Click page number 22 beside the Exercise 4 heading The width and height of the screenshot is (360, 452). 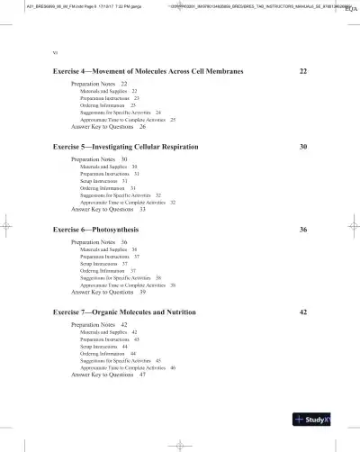tap(303, 70)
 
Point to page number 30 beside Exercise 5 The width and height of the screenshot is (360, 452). tap(303, 146)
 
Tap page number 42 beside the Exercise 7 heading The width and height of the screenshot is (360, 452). tap(303, 312)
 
